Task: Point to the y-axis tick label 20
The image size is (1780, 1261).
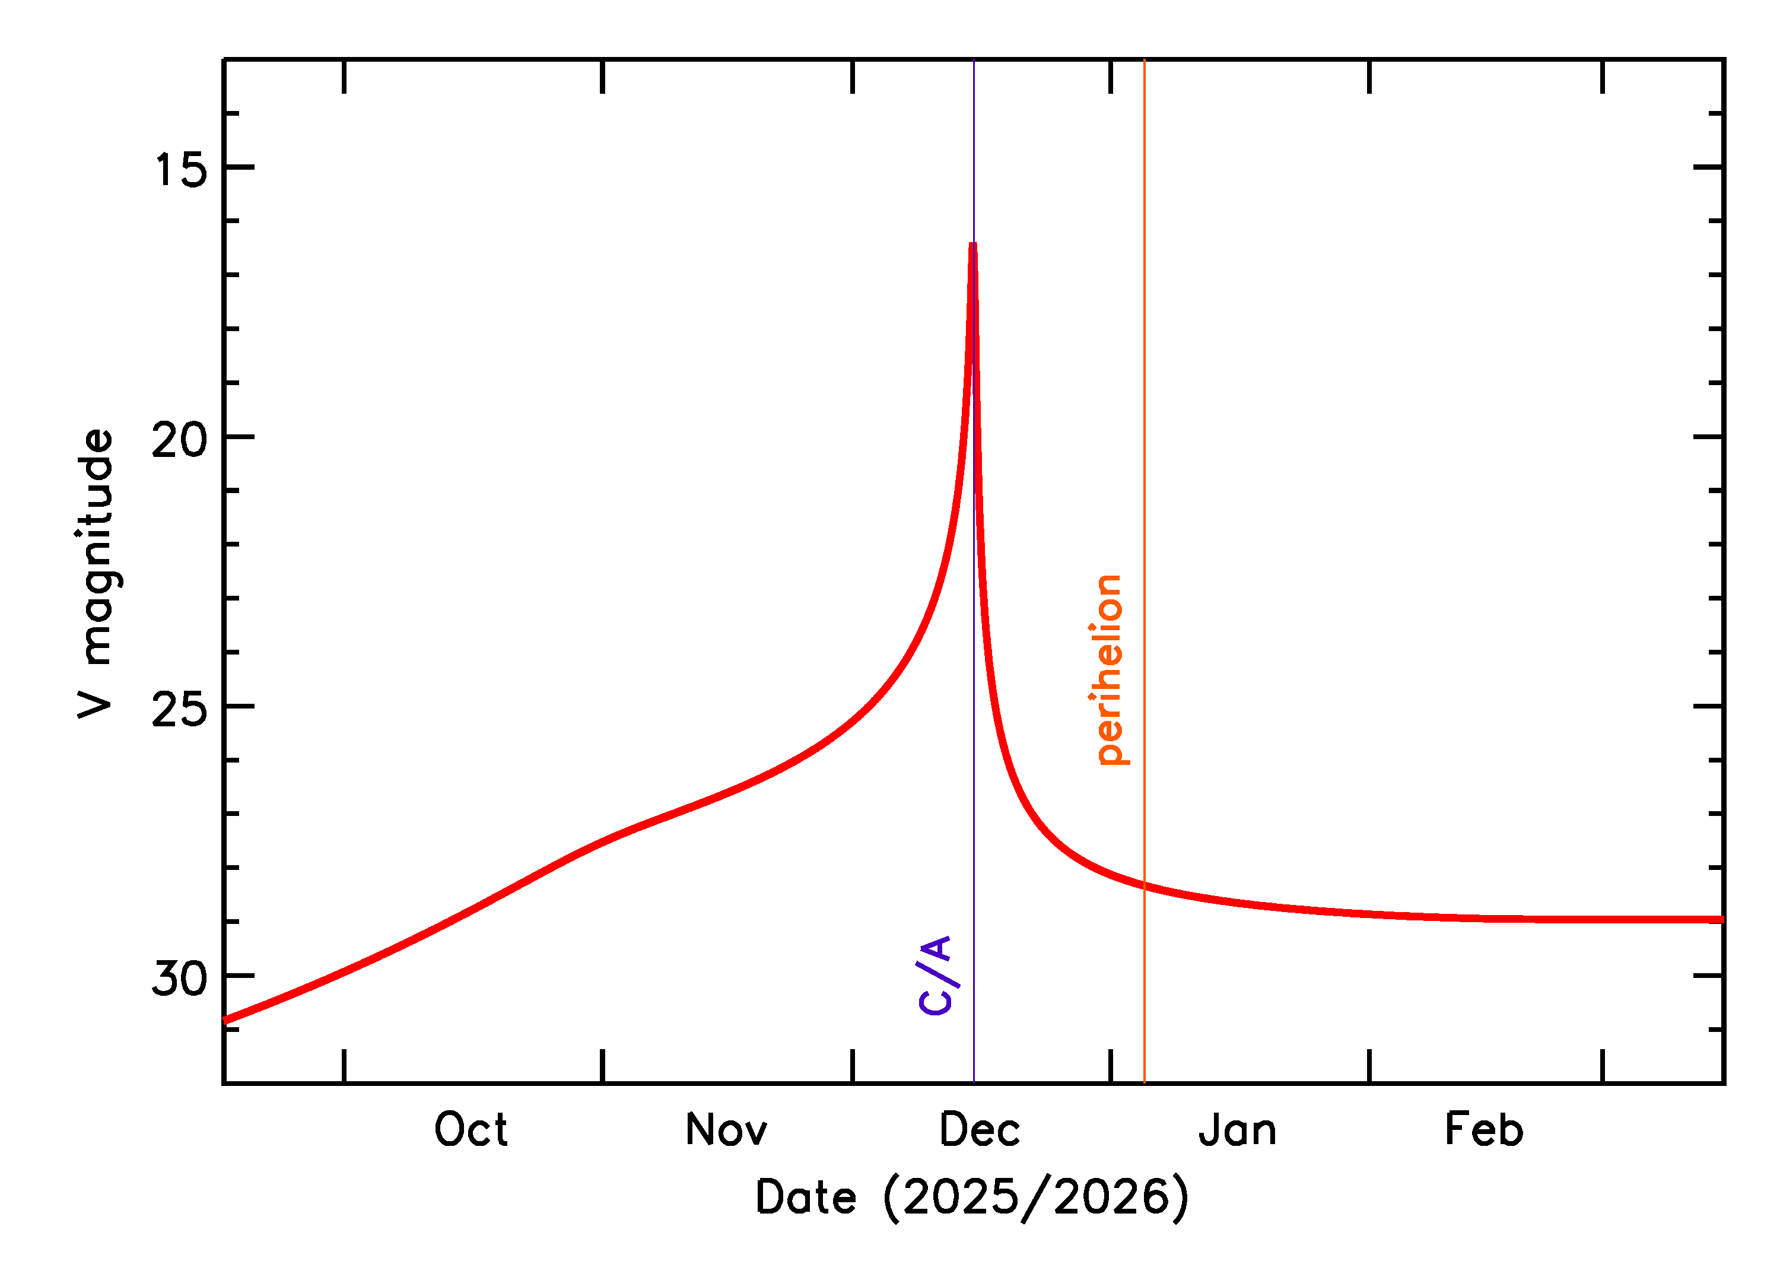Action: point(179,440)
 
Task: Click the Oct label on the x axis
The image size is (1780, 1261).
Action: point(471,1130)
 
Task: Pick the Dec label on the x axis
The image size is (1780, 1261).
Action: point(979,1130)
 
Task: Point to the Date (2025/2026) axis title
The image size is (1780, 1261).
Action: point(972,1196)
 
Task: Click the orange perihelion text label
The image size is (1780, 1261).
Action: point(1110,670)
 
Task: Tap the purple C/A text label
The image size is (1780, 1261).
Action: point(935,975)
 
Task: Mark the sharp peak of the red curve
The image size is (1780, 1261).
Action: point(972,245)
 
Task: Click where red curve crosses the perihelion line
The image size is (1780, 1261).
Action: point(1144,885)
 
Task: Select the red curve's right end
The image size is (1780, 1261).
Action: point(1721,919)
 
